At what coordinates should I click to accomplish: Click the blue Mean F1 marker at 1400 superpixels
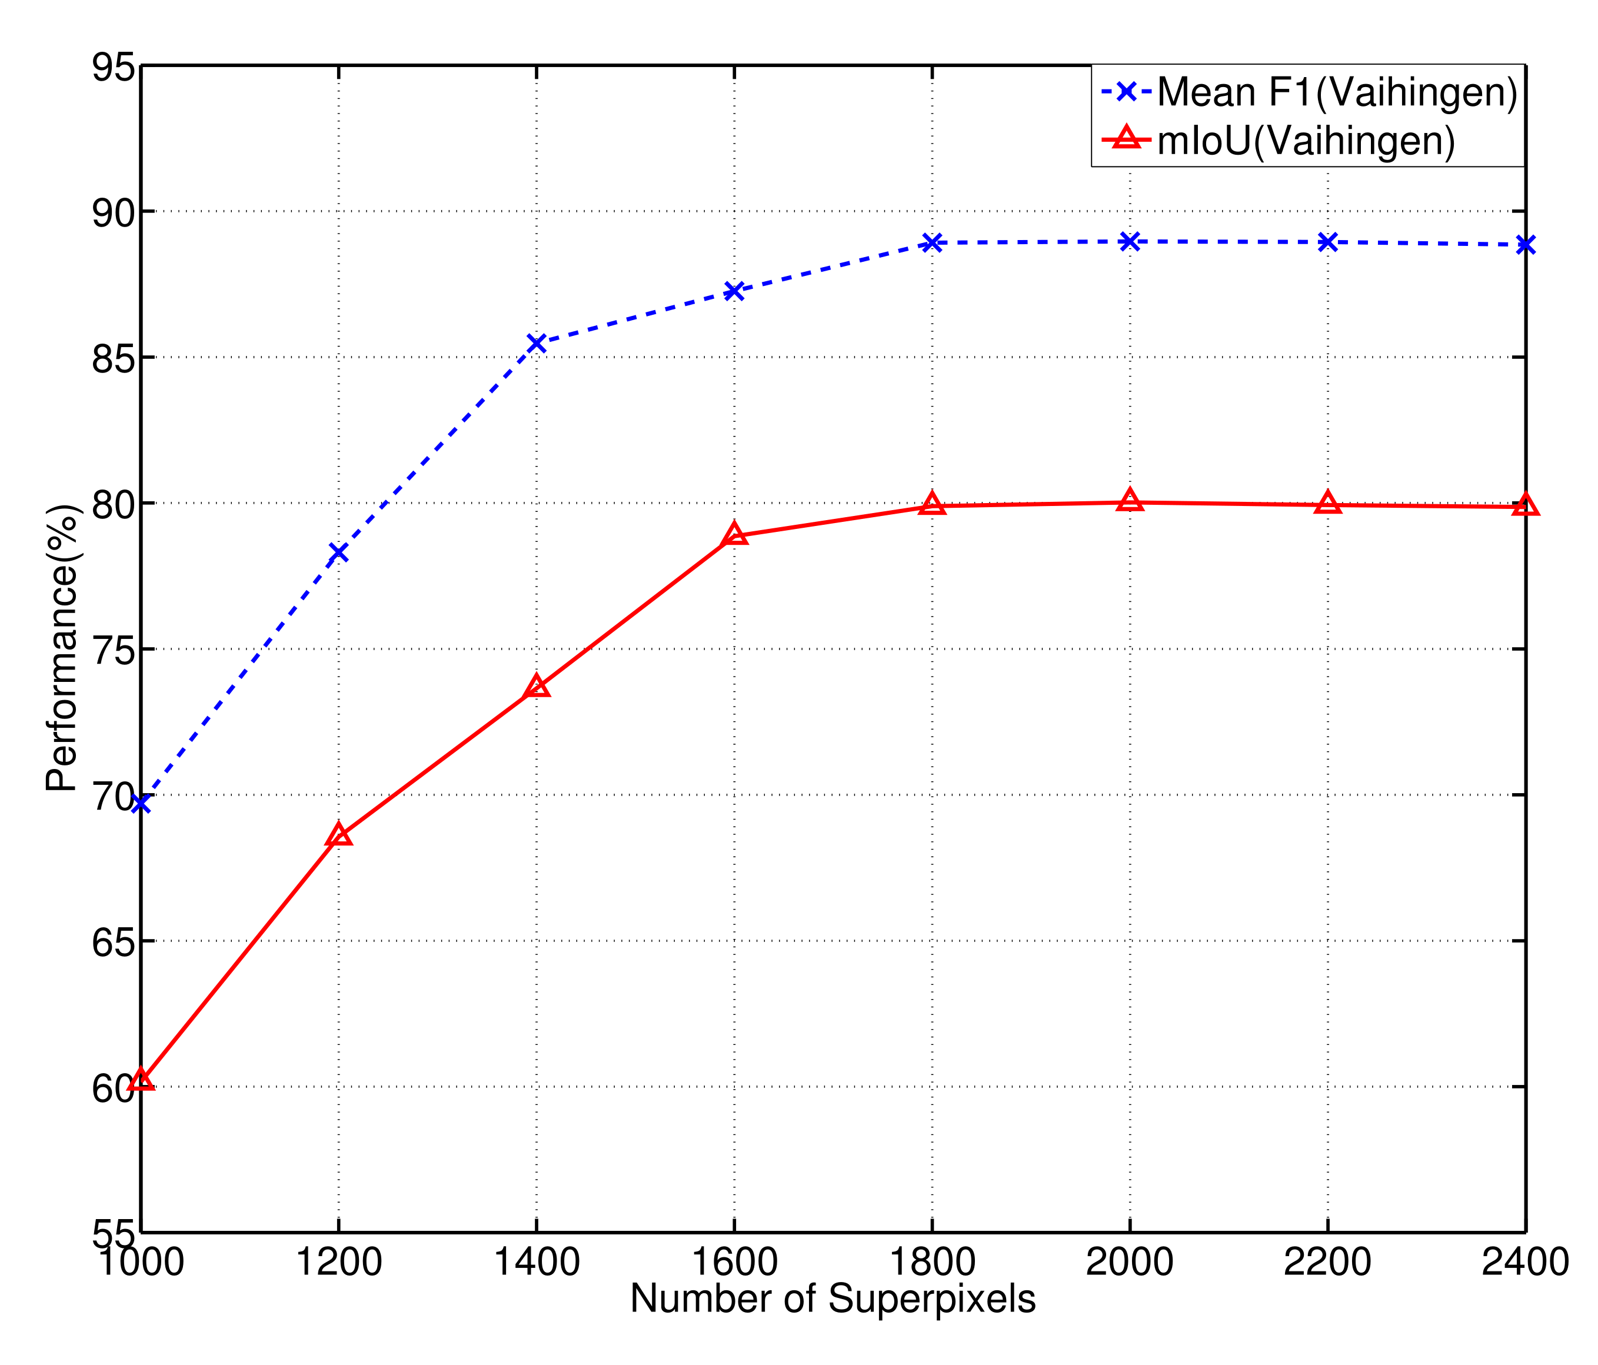pos(536,343)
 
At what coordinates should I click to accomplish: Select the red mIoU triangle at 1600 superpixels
pos(734,534)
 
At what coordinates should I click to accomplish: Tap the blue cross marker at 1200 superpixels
pos(338,552)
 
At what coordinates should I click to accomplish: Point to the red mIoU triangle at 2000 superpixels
pos(1130,501)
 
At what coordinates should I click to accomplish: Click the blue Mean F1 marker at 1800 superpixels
pos(933,243)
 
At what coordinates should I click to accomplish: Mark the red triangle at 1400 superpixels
pos(536,685)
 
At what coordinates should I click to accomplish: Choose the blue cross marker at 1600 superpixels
pos(734,291)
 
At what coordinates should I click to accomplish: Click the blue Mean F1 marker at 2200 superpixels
pos(1327,242)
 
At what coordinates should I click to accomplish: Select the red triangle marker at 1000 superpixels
pos(141,1080)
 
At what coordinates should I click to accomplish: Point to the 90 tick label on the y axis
pos(114,212)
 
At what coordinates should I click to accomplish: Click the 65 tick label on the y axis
pos(114,941)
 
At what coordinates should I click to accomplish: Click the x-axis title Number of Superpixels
pos(833,1299)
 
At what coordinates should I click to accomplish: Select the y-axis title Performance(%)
pos(62,648)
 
